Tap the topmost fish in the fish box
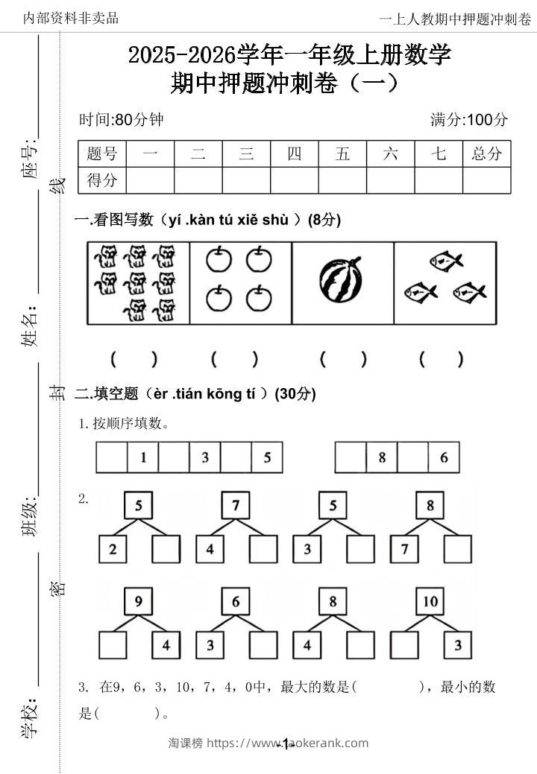pyautogui.click(x=446, y=261)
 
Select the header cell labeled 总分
pyautogui.click(x=487, y=154)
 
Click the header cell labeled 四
pyautogui.click(x=295, y=154)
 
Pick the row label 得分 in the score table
pyautogui.click(x=102, y=180)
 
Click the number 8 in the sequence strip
pyautogui.click(x=382, y=457)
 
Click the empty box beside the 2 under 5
pyautogui.click(x=166, y=550)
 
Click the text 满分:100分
pyautogui.click(x=469, y=119)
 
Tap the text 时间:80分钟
pyautogui.click(x=121, y=119)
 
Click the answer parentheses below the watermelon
pyautogui.click(x=343, y=359)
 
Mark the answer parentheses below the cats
pyautogui.click(x=134, y=359)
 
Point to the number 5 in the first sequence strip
pyautogui.click(x=267, y=457)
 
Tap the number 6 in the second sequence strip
pyautogui.click(x=444, y=457)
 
